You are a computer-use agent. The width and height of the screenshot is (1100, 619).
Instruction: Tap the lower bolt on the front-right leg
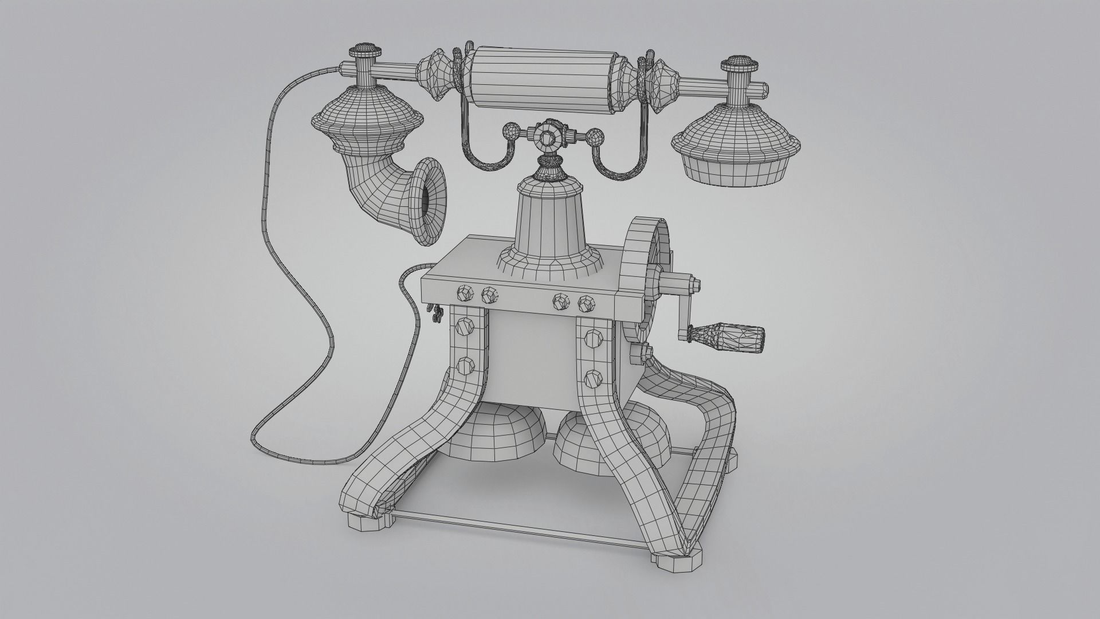point(592,379)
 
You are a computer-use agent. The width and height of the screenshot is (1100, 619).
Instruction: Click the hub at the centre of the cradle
point(547,138)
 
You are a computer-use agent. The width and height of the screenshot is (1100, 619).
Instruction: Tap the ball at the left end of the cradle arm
point(509,132)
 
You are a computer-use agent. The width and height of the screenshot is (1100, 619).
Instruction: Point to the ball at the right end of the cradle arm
point(596,138)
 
